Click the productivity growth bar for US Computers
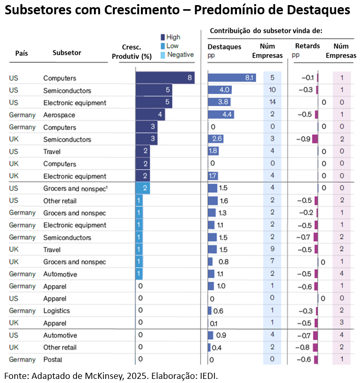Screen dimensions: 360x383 pos(165,78)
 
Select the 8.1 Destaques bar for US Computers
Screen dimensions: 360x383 pos(232,78)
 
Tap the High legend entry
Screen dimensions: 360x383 pos(171,37)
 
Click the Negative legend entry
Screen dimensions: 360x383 pos(177,55)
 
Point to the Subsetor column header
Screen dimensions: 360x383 pos(67,53)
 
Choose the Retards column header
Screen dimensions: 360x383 pos(307,46)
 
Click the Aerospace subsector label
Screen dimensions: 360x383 pos(59,115)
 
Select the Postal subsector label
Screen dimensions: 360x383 pos(53,360)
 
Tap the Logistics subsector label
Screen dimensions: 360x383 pos(56,310)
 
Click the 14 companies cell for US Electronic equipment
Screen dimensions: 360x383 pos(272,102)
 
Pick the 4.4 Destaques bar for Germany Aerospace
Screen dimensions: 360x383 pos(221,114)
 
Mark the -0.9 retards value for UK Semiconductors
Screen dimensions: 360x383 pos(303,139)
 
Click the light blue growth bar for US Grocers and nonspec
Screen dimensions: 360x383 pos(142,188)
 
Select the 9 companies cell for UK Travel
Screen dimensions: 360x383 pos(272,249)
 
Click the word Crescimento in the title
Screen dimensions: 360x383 pos(141,10)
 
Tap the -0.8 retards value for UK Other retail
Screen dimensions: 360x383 pos(302,347)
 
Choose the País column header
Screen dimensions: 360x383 pos(21,53)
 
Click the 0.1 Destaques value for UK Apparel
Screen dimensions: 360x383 pos(214,323)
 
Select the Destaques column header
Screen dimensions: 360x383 pos(224,46)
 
